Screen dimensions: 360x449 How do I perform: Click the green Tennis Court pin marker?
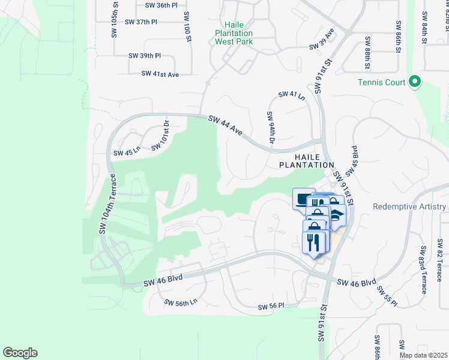tap(414, 82)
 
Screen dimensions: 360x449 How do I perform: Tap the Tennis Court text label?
tap(382, 83)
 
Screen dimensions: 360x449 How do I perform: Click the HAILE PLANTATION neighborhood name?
tap(306, 160)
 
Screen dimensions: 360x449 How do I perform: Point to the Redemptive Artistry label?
tap(409, 207)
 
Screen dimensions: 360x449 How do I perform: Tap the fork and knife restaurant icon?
tap(314, 242)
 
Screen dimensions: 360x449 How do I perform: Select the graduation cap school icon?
tap(337, 215)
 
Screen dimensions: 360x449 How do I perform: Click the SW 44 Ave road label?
tap(225, 126)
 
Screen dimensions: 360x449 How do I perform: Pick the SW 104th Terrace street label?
tap(107, 204)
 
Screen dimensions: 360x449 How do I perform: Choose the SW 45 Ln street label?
tap(126, 152)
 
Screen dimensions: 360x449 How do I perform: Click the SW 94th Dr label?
tap(271, 128)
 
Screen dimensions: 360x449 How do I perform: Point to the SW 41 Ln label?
tap(292, 95)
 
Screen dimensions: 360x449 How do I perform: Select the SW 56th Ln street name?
tap(181, 303)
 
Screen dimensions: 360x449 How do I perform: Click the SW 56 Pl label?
tap(271, 307)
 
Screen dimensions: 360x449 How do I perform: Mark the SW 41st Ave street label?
tap(160, 74)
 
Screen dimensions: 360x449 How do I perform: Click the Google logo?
tap(20, 353)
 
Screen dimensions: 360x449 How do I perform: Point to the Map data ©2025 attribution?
tap(423, 355)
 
